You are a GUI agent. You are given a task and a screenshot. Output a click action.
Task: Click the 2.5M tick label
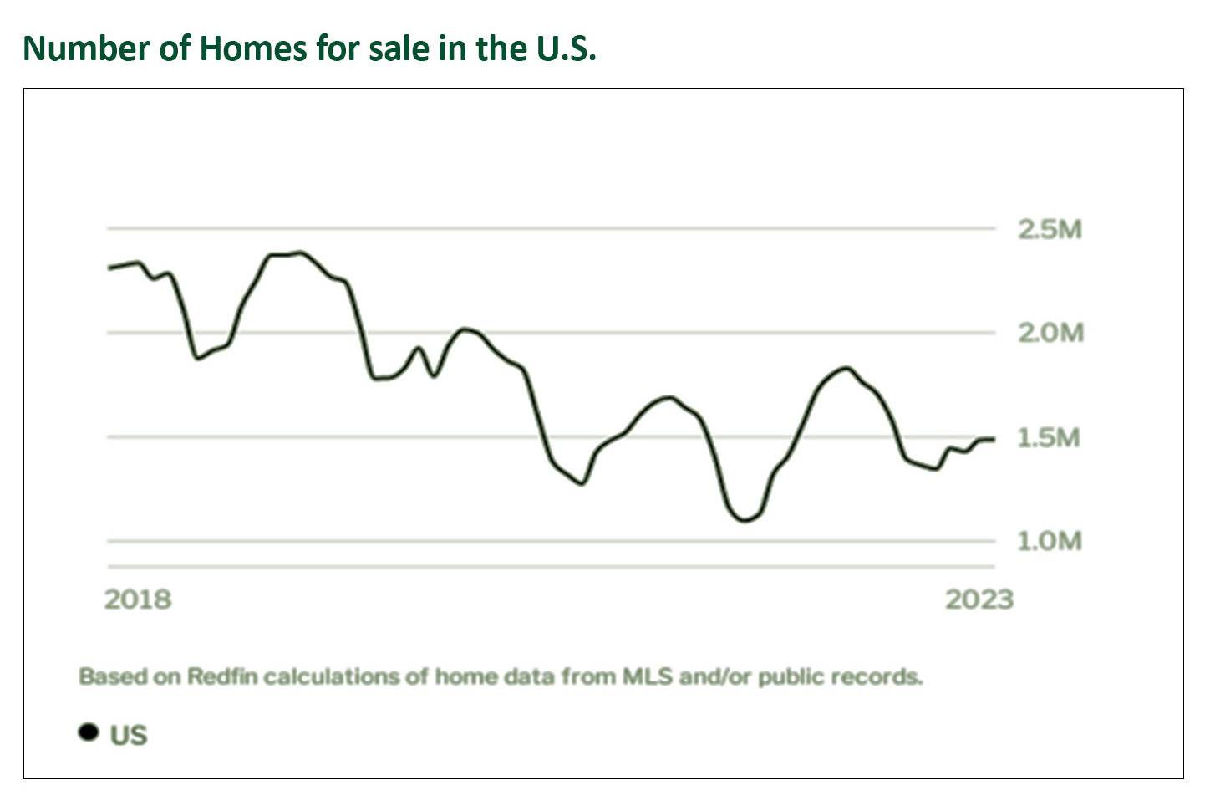point(1050,229)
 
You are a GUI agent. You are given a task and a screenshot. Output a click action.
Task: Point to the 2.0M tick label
point(1050,333)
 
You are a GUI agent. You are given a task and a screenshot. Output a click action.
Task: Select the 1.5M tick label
point(1048,437)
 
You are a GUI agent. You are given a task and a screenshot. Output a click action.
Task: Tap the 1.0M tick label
point(1048,542)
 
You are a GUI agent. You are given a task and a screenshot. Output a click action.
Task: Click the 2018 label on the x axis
point(138,599)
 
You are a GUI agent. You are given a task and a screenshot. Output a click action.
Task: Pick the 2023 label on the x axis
point(979,599)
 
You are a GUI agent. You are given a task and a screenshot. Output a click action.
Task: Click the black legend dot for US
point(88,732)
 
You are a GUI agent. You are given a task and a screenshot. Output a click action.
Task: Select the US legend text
point(129,736)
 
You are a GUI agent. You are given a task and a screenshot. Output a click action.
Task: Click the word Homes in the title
point(253,48)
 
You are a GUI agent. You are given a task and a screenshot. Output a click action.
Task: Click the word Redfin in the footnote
point(222,676)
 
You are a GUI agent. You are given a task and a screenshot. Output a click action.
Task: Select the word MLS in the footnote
point(648,676)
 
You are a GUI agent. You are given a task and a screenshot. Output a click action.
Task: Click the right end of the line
point(993,439)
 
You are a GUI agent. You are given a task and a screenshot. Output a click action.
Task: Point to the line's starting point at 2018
point(109,268)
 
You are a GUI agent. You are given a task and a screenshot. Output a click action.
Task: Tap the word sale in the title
point(399,48)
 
